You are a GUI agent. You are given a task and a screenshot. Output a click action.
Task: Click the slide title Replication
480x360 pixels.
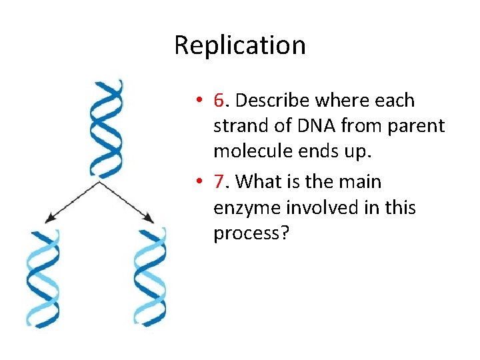pos(240,45)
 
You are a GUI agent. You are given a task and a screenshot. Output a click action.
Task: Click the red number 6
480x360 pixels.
pos(219,101)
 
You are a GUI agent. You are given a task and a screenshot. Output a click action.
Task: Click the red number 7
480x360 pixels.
pos(219,181)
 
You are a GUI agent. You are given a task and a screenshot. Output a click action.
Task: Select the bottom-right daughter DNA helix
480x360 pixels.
pos(150,278)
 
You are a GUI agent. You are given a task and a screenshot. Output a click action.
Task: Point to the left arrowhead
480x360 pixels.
pos(49,219)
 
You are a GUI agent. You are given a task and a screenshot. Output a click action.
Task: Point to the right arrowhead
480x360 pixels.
pos(150,219)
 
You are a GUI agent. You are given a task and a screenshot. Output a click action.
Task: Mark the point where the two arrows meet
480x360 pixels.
pos(99,181)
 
